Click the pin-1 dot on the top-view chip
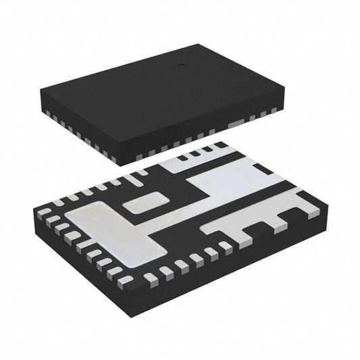tap(180, 66)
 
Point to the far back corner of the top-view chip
tap(199, 45)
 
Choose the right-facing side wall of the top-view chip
tap(203, 135)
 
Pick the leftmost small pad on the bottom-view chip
tap(44, 211)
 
